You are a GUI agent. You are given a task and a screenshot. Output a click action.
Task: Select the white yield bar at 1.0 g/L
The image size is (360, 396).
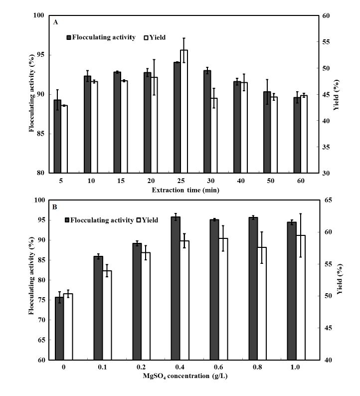[301, 297]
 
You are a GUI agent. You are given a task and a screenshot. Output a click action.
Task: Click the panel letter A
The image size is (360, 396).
[56, 22]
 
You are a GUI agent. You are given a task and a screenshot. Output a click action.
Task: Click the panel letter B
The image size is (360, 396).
[56, 206]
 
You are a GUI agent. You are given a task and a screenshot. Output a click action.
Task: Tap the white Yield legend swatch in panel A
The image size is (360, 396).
[147, 37]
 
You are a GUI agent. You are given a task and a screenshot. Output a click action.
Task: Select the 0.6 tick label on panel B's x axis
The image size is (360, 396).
[213, 367]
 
